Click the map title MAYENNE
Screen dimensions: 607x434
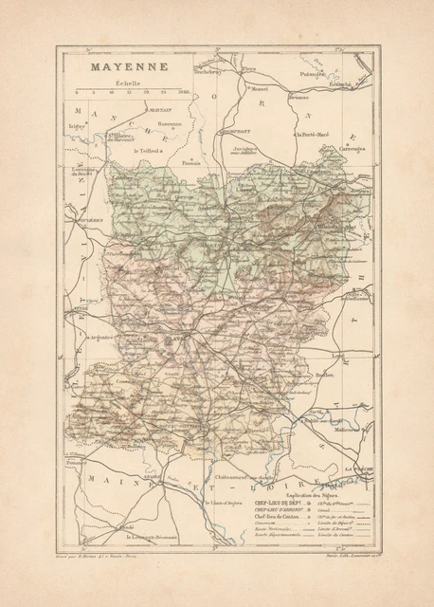117,67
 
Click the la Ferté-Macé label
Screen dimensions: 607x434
315,135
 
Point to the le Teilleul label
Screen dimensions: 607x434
149,151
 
